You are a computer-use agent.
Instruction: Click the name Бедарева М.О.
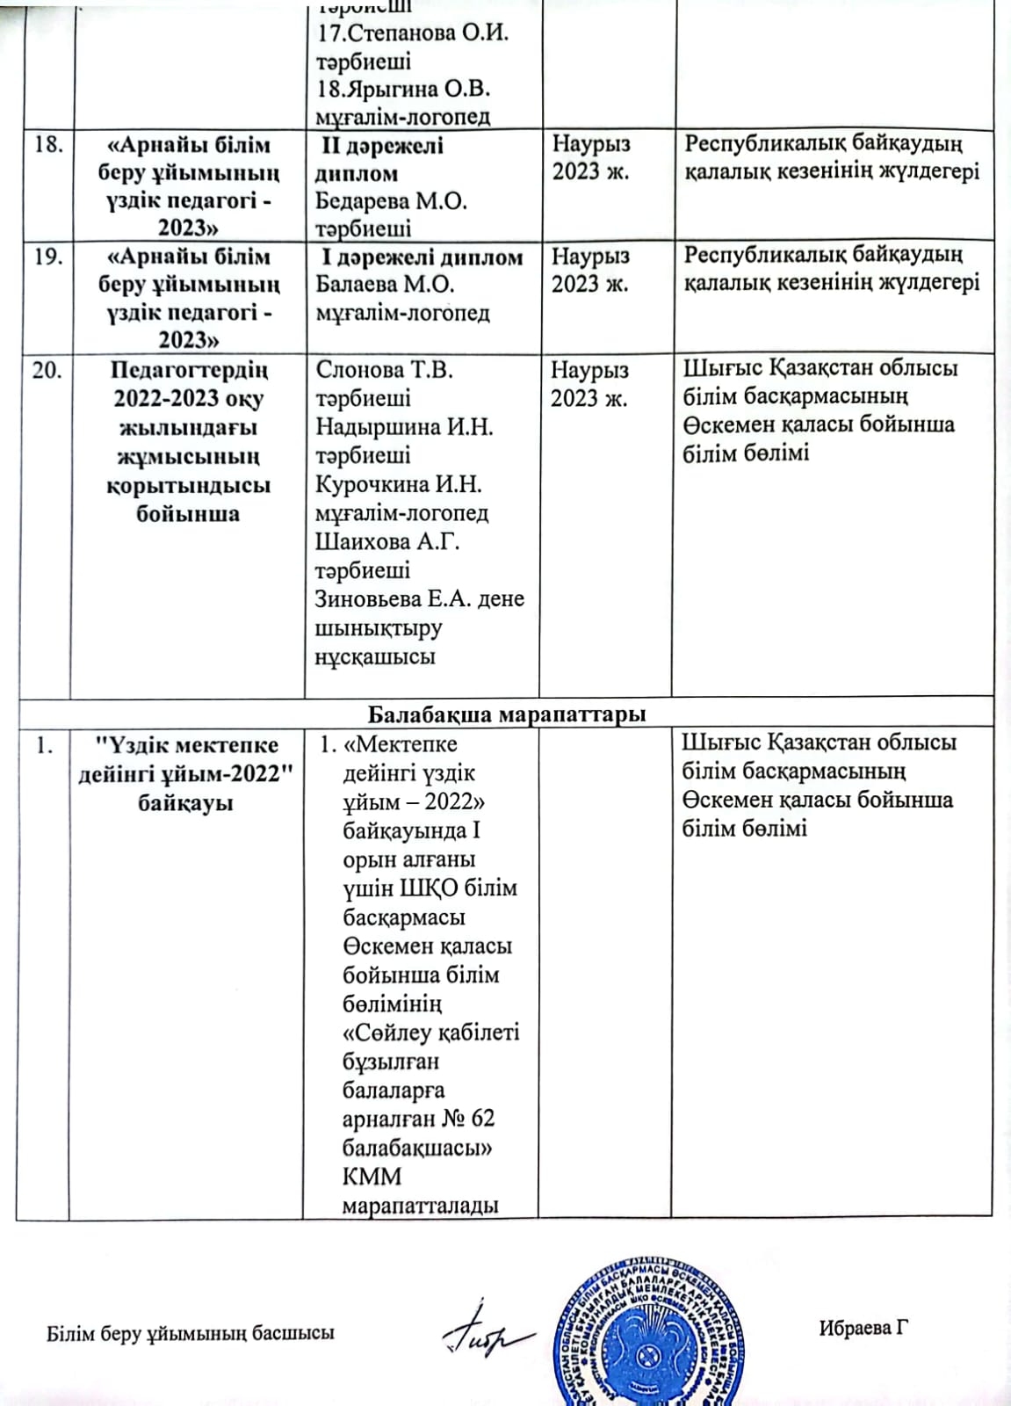pos(391,201)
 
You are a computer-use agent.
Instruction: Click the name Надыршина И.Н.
pos(404,427)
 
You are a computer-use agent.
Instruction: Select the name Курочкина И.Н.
pos(398,484)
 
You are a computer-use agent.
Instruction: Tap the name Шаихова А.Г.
pos(387,541)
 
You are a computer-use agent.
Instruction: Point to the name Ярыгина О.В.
pos(402,89)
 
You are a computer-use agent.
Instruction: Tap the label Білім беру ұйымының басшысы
pos(190,1333)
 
